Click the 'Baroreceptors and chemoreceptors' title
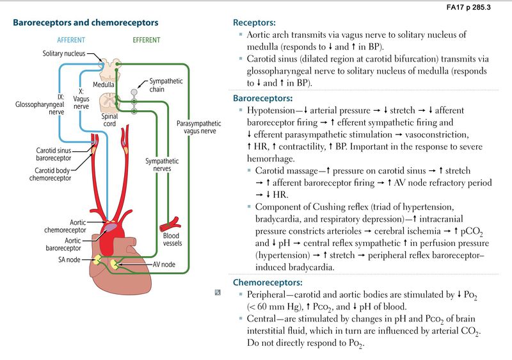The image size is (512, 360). coord(86,23)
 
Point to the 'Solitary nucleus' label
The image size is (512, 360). coord(64,54)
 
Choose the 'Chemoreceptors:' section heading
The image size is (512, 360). coord(269,282)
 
